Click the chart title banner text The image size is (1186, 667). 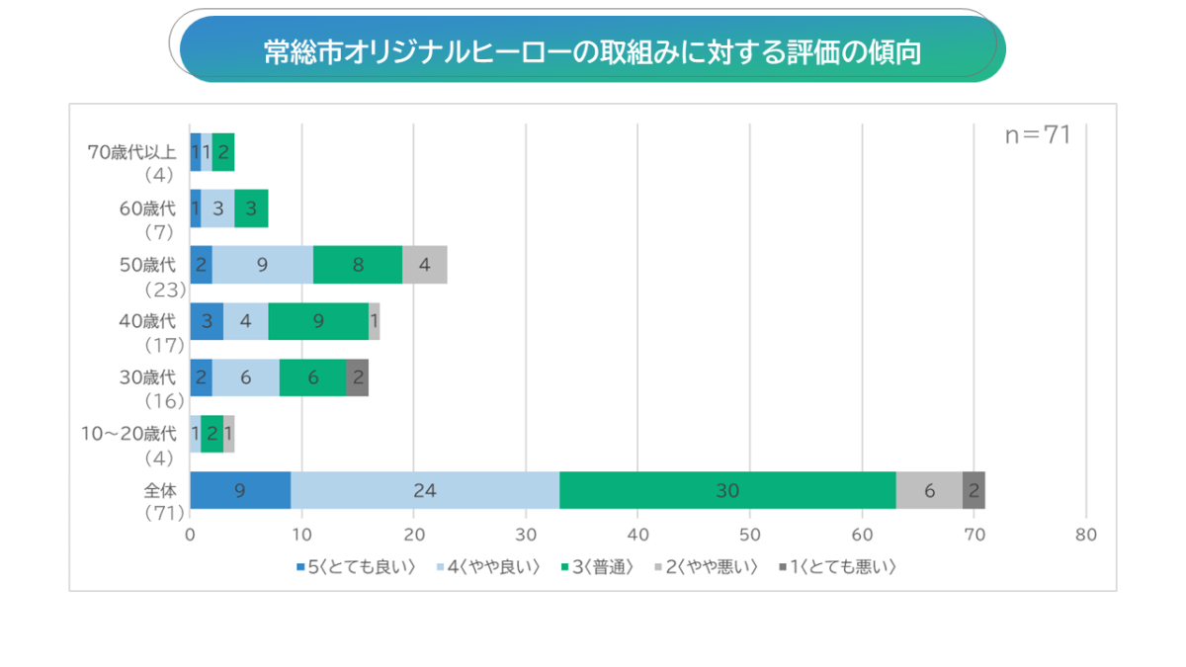coord(592,51)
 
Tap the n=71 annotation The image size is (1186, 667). coord(1038,135)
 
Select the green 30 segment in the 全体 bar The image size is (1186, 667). coord(727,490)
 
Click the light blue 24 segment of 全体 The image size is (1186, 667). coord(425,490)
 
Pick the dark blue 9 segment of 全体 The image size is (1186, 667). coord(240,490)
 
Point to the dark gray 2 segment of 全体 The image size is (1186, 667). coord(974,490)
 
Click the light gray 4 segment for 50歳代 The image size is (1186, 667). coord(425,265)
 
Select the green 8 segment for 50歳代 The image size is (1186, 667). coord(358,265)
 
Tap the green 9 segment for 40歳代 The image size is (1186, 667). coord(318,321)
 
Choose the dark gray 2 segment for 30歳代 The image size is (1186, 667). coord(358,377)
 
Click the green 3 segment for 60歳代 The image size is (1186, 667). coord(251,208)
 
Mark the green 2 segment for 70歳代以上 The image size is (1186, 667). coord(223,152)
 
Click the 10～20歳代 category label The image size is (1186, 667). coord(132,433)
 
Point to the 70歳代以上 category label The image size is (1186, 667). coord(132,151)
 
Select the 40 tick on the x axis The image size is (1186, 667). coord(637,535)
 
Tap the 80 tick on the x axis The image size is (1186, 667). coord(1085,535)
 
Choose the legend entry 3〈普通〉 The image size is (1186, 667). coord(597,567)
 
